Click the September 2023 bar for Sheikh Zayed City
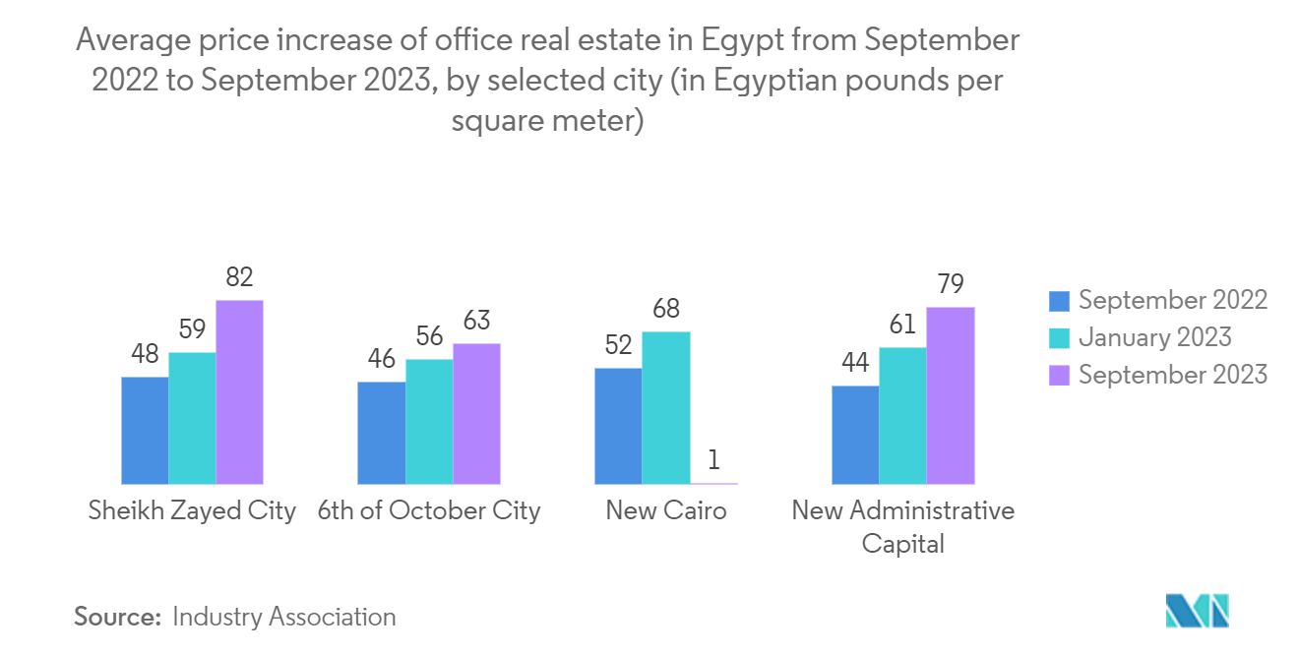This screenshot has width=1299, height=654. click(x=239, y=391)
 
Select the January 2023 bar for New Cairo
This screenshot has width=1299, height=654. click(x=666, y=407)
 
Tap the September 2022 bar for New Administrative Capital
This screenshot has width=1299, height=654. click(x=855, y=435)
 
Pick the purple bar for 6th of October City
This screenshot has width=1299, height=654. click(x=476, y=413)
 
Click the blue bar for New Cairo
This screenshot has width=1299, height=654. click(x=618, y=426)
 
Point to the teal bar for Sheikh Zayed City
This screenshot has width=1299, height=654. click(x=192, y=418)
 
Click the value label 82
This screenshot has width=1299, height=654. click(x=239, y=277)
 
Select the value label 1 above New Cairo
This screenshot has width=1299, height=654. click(x=713, y=460)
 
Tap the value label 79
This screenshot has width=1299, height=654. click(x=950, y=284)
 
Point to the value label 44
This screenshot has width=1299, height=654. click(x=855, y=363)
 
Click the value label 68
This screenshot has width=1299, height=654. click(x=666, y=309)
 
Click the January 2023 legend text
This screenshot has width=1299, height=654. click(x=1154, y=337)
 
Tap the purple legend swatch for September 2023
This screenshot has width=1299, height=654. click(x=1059, y=375)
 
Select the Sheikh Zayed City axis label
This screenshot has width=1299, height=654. click(x=192, y=510)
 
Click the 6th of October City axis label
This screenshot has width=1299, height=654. click(x=429, y=510)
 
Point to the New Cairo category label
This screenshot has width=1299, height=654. click(x=666, y=510)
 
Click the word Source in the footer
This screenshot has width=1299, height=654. click(x=117, y=617)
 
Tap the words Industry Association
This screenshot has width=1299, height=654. click(x=283, y=617)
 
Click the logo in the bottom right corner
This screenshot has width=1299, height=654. click(x=1197, y=611)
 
